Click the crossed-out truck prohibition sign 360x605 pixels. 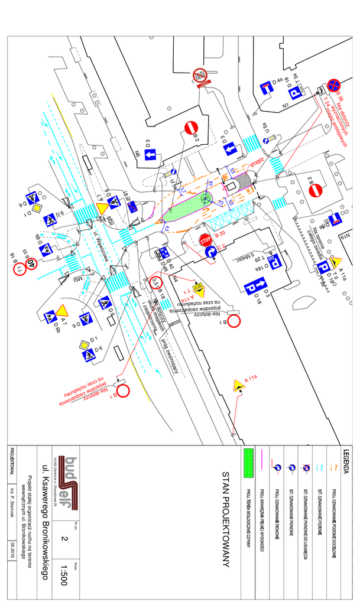pyautogui.click(x=200, y=75)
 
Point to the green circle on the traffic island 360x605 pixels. pyautogui.click(x=206, y=198)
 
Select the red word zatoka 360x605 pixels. pyautogui.click(x=256, y=162)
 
